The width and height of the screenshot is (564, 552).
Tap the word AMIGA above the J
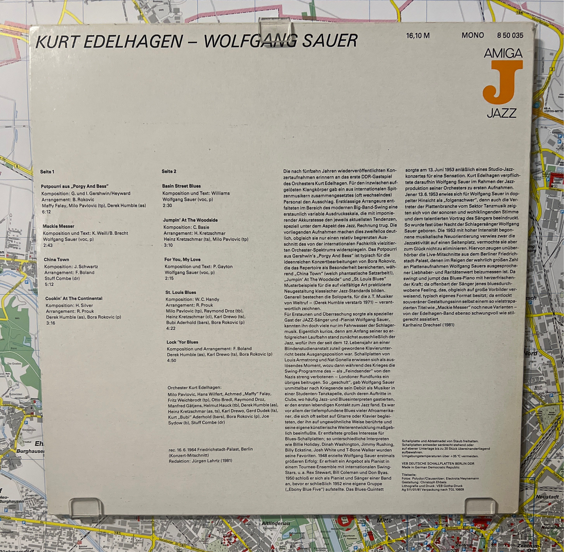503,53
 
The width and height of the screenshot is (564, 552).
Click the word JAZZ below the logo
501,113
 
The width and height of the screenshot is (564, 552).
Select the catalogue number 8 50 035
510,35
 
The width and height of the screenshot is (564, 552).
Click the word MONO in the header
473,35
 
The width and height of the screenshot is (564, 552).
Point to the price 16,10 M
418,36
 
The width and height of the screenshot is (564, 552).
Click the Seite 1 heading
47,172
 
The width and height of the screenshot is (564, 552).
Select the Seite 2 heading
169,171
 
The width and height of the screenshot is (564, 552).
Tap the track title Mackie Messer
58,226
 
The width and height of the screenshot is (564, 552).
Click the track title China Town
56,259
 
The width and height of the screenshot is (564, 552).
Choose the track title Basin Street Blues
181,186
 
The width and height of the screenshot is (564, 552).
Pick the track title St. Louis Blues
180,292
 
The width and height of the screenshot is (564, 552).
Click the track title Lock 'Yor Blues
182,342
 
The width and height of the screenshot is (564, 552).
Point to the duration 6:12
46,212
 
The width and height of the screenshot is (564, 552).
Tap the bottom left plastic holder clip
86,507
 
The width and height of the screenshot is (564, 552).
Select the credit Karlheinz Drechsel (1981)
428,325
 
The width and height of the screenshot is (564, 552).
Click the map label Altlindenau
276,523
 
